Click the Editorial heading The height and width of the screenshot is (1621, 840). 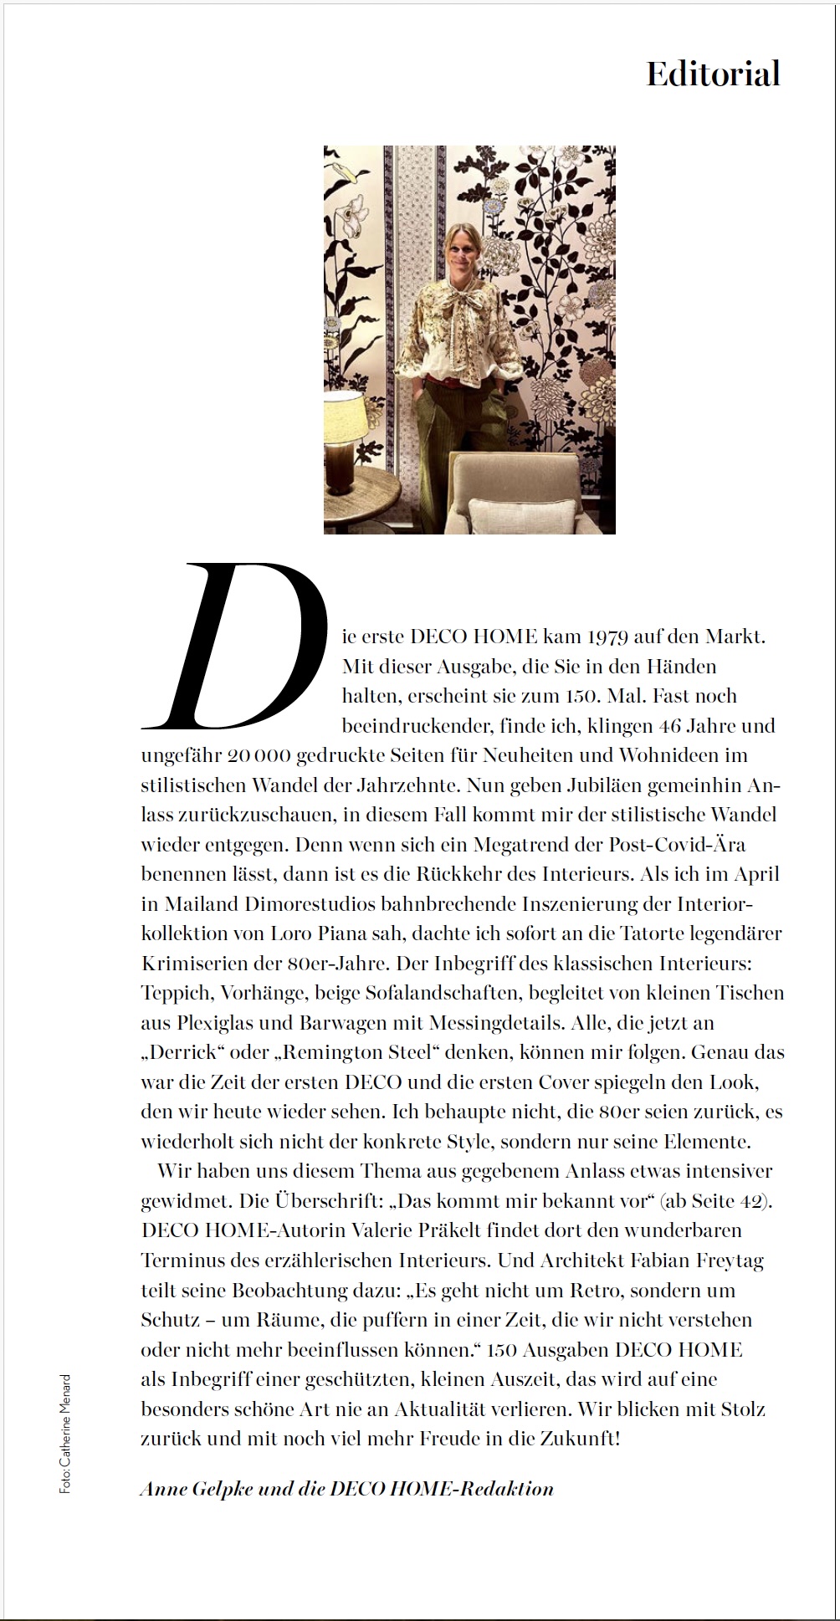713,74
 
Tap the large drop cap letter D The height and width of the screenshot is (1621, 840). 237,646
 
